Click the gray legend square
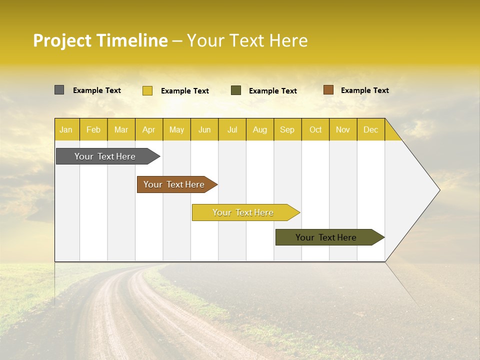[x=59, y=90]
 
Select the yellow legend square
[x=147, y=90]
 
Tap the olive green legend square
[x=236, y=90]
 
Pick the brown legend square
[x=328, y=90]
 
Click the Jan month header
[x=66, y=129]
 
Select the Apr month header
[x=149, y=129]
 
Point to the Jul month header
[x=232, y=129]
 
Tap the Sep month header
[x=287, y=129]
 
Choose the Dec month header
[x=370, y=129]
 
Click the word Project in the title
[x=62, y=40]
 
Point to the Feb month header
[x=93, y=129]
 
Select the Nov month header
[x=343, y=129]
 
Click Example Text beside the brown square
[x=364, y=90]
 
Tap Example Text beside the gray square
[x=97, y=90]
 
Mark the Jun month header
[x=204, y=129]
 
